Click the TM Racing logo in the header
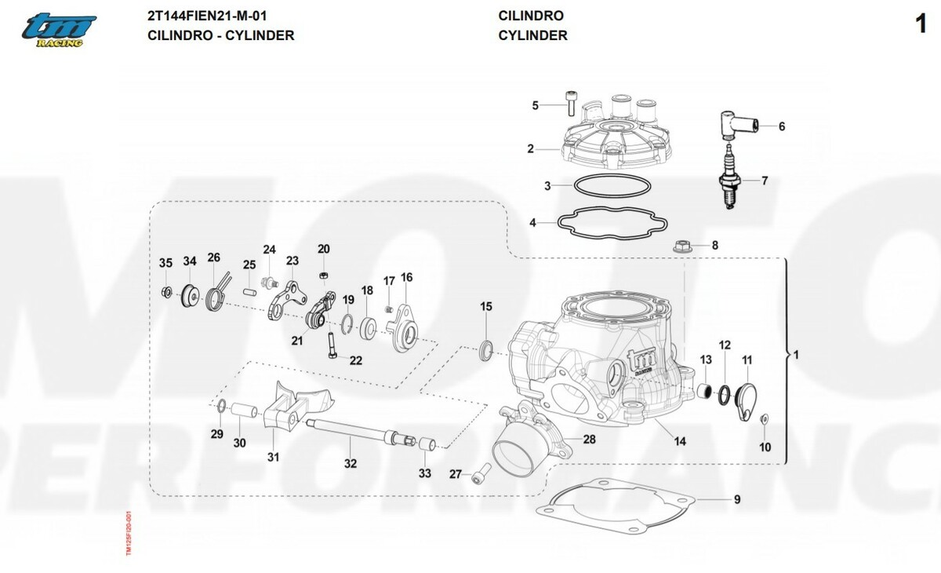point(59,30)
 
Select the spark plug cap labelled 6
point(737,124)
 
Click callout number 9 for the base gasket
point(737,499)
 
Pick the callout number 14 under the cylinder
point(680,442)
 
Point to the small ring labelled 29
point(220,407)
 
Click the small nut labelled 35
point(166,292)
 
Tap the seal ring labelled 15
point(486,348)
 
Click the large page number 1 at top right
point(921,24)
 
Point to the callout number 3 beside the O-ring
point(548,186)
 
